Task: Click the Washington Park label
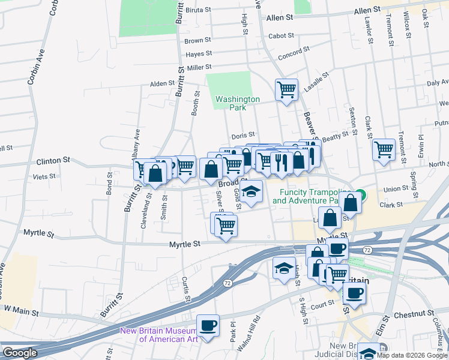tap(238, 103)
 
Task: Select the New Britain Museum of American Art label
tap(159, 334)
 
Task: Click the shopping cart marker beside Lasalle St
tap(286, 90)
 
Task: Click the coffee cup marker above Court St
tap(354, 293)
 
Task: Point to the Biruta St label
tap(199, 10)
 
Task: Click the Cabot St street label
tap(281, 36)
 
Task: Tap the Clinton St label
tap(53, 161)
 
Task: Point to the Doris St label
tap(243, 135)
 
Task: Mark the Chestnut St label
tap(414, 314)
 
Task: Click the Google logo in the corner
tap(20, 353)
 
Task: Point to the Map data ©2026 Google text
tap(412, 355)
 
